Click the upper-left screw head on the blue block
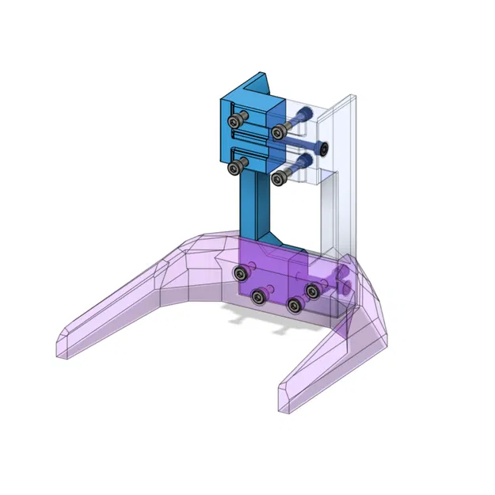pyautogui.click(x=235, y=122)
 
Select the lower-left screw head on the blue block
pyautogui.click(x=235, y=168)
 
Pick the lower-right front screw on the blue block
pyautogui.click(x=277, y=178)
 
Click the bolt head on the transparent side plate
pyautogui.click(x=322, y=147)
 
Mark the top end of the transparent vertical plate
pyautogui.click(x=349, y=100)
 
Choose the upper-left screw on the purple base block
pyautogui.click(x=239, y=274)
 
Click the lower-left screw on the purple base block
pyautogui.click(x=257, y=297)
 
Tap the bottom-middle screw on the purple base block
pyautogui.click(x=295, y=306)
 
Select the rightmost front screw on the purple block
pyautogui.click(x=313, y=291)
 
